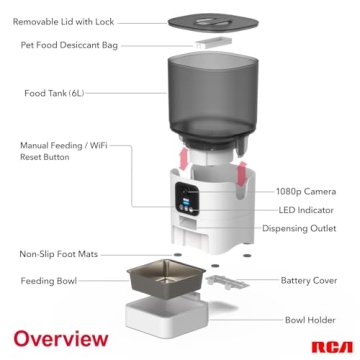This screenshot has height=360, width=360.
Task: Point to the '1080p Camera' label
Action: point(306,191)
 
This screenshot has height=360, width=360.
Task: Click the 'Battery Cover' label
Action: point(309,281)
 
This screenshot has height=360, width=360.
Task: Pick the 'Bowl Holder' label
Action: point(310,320)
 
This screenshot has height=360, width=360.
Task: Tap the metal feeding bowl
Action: point(165,281)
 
